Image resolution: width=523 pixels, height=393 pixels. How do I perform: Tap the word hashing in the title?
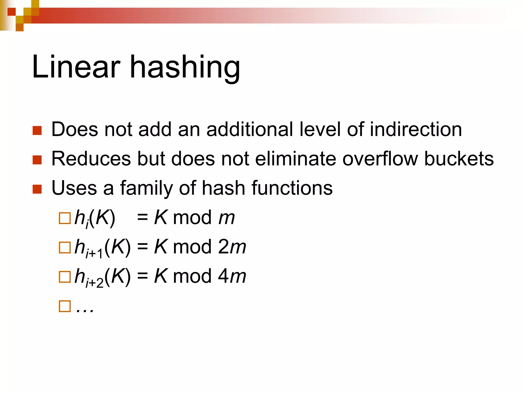click(185, 68)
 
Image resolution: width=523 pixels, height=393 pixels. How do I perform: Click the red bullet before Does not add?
click(37, 130)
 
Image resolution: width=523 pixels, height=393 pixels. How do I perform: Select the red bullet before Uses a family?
click(37, 189)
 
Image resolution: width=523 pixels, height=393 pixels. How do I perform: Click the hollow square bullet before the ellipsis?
click(65, 306)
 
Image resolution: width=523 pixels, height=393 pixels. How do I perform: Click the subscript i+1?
click(94, 254)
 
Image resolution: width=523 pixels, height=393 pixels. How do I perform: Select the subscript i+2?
click(94, 283)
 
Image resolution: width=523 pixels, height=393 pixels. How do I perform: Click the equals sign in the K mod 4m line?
click(142, 276)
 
